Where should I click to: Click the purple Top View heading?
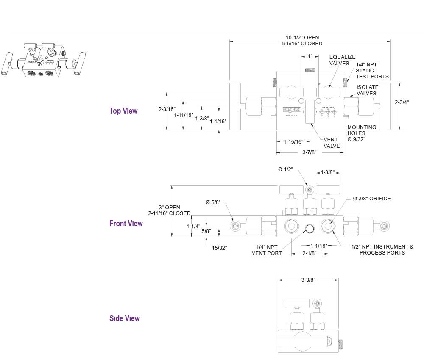[123, 111]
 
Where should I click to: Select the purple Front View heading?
[126, 223]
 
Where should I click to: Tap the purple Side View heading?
[124, 318]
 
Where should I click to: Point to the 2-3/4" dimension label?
[402, 102]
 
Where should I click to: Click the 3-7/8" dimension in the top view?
[310, 152]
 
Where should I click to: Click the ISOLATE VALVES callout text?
[367, 90]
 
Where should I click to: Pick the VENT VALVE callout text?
[332, 143]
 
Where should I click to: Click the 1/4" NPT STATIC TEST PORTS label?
[372, 70]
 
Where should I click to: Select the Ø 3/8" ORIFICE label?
[371, 199]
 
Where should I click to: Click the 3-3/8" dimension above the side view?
[308, 280]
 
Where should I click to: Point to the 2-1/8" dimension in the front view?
[309, 253]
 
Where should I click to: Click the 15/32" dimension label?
[219, 248]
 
